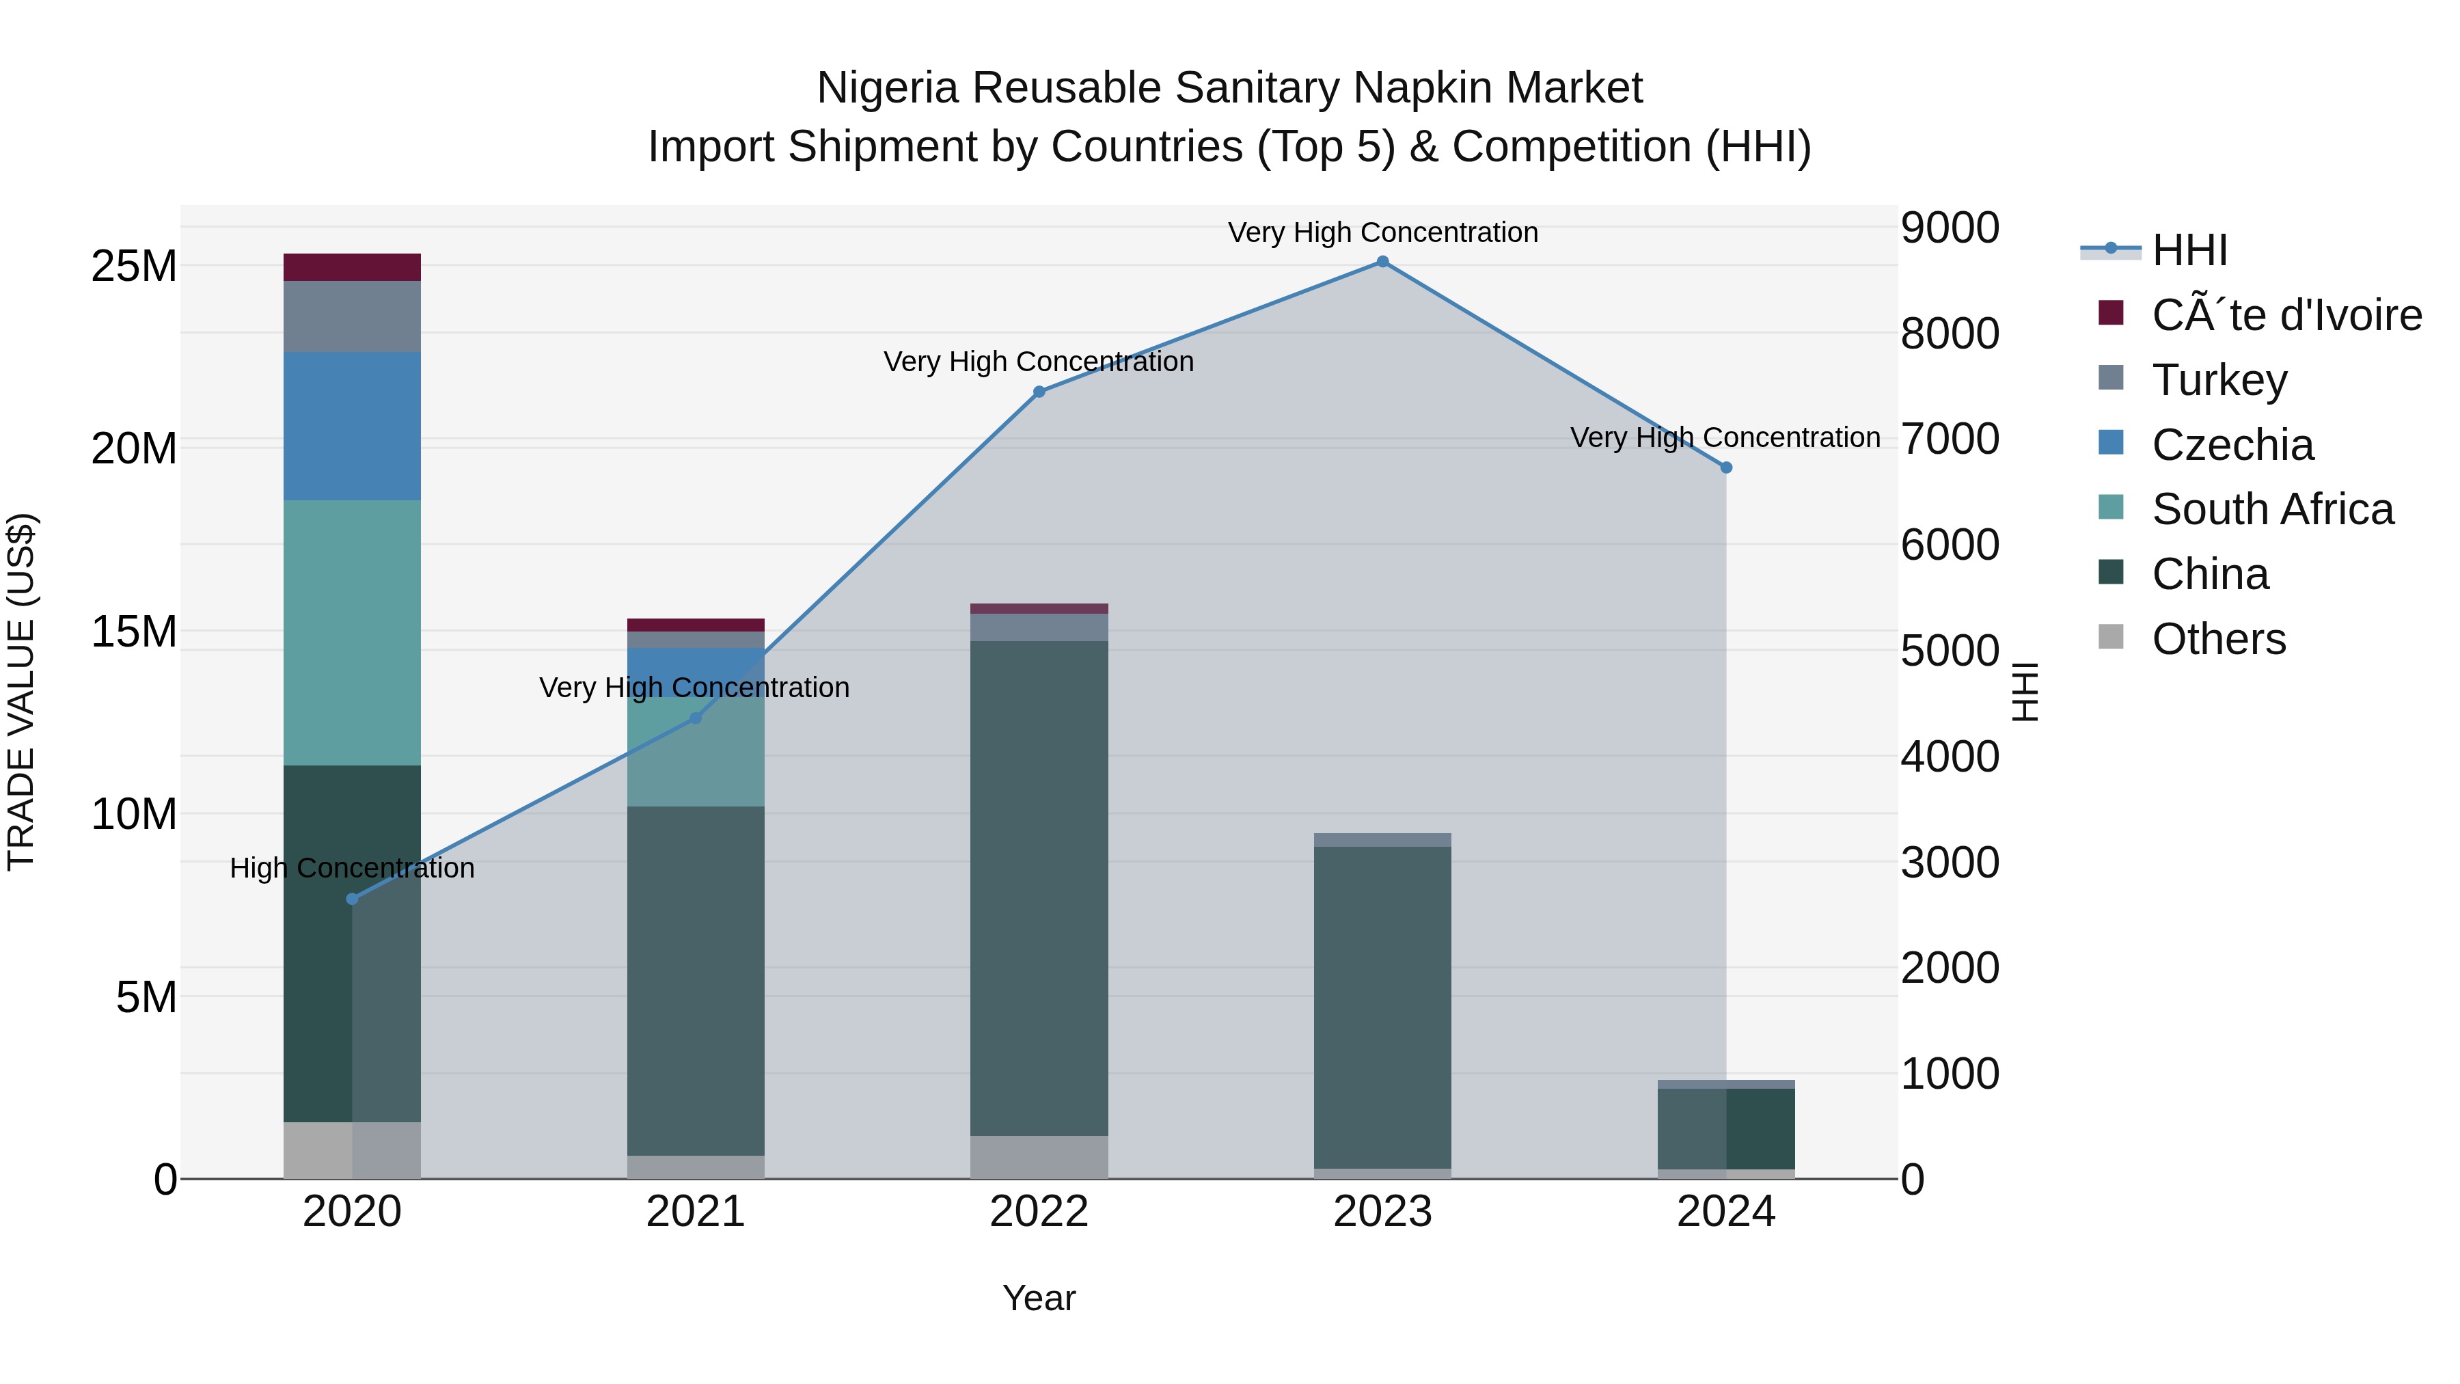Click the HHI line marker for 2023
tap(1382, 262)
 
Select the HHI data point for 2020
tap(353, 899)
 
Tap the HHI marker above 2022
tap(1039, 392)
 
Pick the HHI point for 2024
tap(1725, 468)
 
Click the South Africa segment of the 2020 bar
tap(353, 632)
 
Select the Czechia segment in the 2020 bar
tap(353, 426)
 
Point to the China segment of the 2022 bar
tap(1039, 888)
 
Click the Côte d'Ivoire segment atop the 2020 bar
tap(353, 267)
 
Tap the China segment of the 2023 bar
tap(1382, 1007)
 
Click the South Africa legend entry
tap(2272, 509)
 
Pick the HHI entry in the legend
tap(2189, 250)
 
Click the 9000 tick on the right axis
tap(1949, 228)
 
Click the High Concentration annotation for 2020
tap(353, 868)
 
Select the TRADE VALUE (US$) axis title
tap(21, 692)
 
